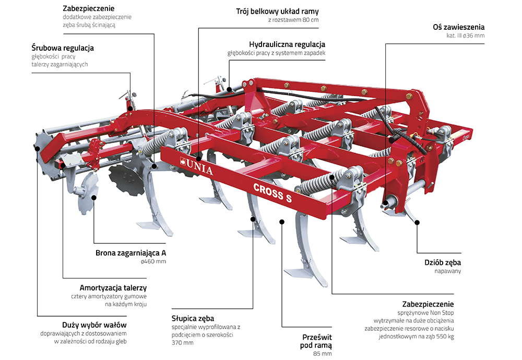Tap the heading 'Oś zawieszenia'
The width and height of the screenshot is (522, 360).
pos(458,27)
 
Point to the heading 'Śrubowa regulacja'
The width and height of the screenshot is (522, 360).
pos(63,48)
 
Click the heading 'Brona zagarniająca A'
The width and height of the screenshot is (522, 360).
pos(130,253)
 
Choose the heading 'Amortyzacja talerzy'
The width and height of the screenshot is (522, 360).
pos(113,288)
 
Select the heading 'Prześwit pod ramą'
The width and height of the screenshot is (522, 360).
pos(316,341)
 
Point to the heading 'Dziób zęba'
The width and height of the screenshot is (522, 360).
pos(443,262)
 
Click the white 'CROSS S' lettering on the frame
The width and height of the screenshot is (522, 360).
pos(272,193)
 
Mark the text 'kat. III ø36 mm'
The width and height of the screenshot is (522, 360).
pos(465,36)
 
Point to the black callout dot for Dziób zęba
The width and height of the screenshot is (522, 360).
pos(417,223)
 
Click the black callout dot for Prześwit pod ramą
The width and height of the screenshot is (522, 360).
pos(282,222)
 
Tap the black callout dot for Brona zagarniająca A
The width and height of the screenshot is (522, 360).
pos(94,198)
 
